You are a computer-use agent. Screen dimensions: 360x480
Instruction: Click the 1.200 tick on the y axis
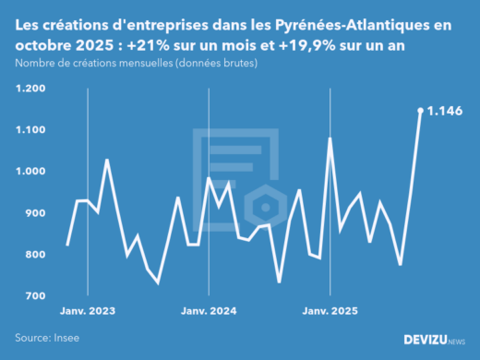click(30, 89)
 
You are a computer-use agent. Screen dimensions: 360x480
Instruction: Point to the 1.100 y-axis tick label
click(30, 130)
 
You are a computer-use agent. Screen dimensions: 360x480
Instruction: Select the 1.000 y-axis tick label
click(30, 172)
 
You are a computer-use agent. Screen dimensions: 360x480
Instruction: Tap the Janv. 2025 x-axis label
click(330, 312)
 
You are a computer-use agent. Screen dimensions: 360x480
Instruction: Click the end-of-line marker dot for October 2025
click(420, 111)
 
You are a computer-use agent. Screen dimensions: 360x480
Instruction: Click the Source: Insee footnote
click(47, 338)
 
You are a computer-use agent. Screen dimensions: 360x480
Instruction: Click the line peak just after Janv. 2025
click(330, 138)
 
